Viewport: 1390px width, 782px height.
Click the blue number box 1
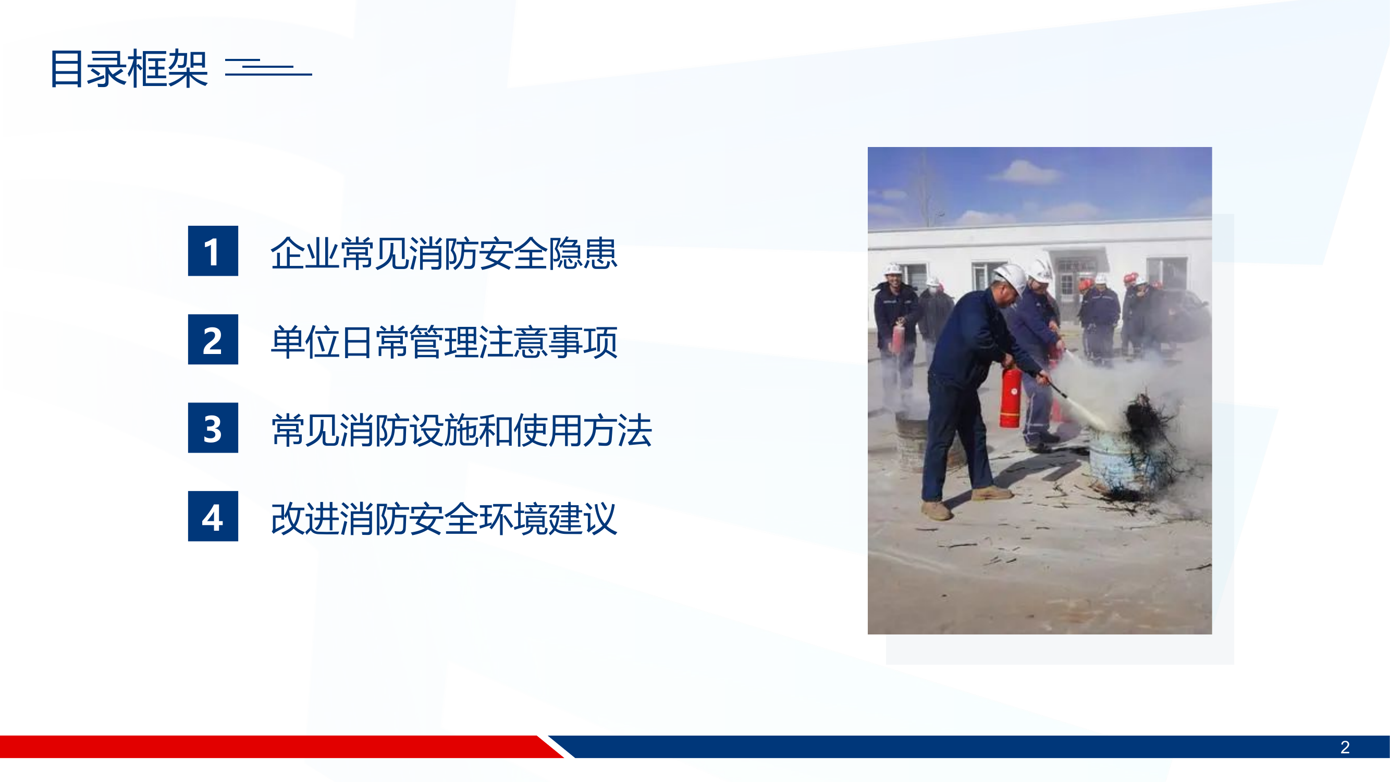(x=213, y=251)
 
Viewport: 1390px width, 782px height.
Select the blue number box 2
(x=213, y=339)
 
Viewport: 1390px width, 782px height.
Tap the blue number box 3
(x=213, y=428)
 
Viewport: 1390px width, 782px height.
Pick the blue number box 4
(x=213, y=517)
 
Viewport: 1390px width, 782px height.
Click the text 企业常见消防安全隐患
(x=444, y=253)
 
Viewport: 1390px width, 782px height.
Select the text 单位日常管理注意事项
(x=444, y=341)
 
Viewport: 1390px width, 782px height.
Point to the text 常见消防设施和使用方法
(x=461, y=430)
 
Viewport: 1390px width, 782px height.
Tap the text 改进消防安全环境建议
(x=444, y=519)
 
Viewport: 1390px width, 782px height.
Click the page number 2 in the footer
(x=1345, y=748)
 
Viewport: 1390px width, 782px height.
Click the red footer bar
(x=270, y=747)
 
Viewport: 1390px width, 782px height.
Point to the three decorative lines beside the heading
(x=268, y=67)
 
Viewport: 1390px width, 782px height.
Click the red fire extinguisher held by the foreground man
(x=1010, y=397)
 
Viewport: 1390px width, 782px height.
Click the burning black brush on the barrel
(x=1147, y=421)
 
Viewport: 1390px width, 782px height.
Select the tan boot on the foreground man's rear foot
(x=936, y=510)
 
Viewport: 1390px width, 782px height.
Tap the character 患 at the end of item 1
(x=600, y=253)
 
